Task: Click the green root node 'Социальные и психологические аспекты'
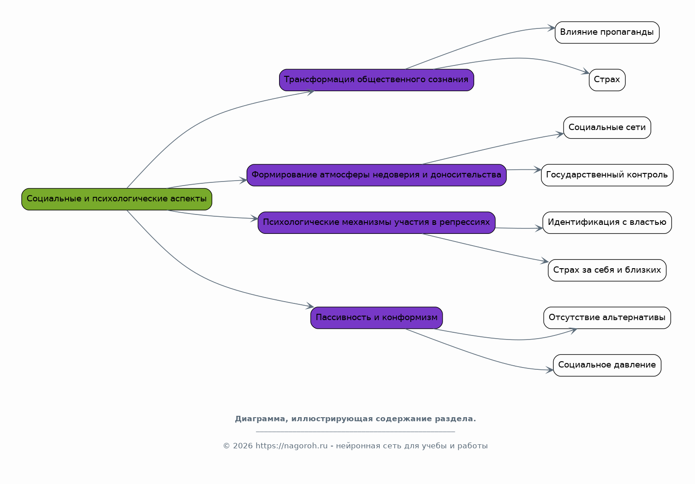point(117,199)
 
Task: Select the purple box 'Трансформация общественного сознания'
point(376,80)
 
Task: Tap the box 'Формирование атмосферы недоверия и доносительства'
point(376,175)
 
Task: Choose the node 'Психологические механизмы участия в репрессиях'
point(376,223)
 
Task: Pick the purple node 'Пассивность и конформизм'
point(376,318)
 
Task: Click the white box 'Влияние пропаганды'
point(607,33)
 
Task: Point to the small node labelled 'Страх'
point(607,80)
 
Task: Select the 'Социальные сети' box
point(607,128)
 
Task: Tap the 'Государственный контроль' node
point(607,175)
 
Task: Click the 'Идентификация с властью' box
point(607,223)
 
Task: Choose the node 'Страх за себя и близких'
point(607,270)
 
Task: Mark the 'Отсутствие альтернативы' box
point(607,318)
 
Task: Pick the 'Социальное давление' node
point(607,365)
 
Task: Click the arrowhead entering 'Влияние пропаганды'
point(551,28)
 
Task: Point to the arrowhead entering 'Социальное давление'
point(550,370)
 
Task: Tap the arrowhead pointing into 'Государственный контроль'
point(538,170)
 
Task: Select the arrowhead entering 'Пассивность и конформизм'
point(310,306)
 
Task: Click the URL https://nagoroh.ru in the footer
point(291,446)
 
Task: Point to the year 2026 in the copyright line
point(243,446)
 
